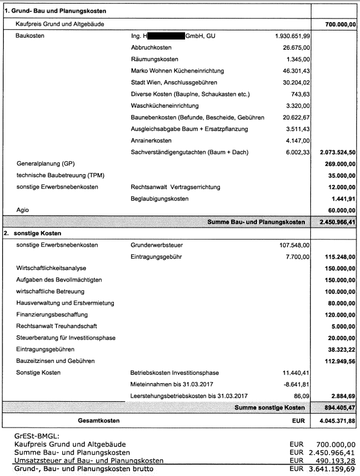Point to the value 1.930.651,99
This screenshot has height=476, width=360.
(293, 36)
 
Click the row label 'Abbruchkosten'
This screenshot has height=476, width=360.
(151, 47)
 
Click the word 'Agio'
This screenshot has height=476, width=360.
(23, 210)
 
